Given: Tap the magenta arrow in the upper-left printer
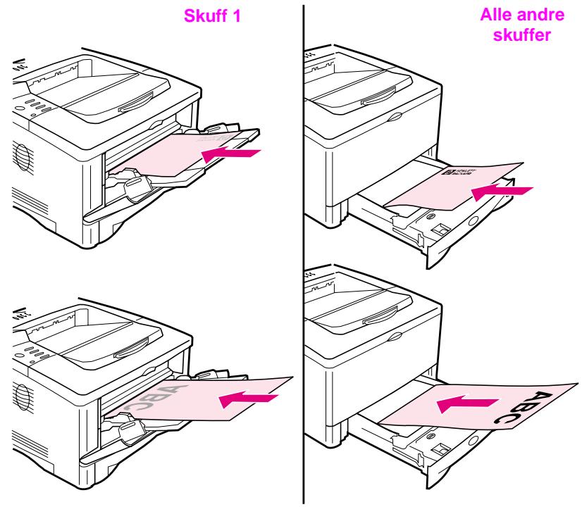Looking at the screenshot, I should (230, 154).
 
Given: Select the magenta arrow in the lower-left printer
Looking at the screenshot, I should (248, 399).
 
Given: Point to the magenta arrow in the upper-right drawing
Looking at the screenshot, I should (501, 191).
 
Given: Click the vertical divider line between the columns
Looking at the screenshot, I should (304, 254).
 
